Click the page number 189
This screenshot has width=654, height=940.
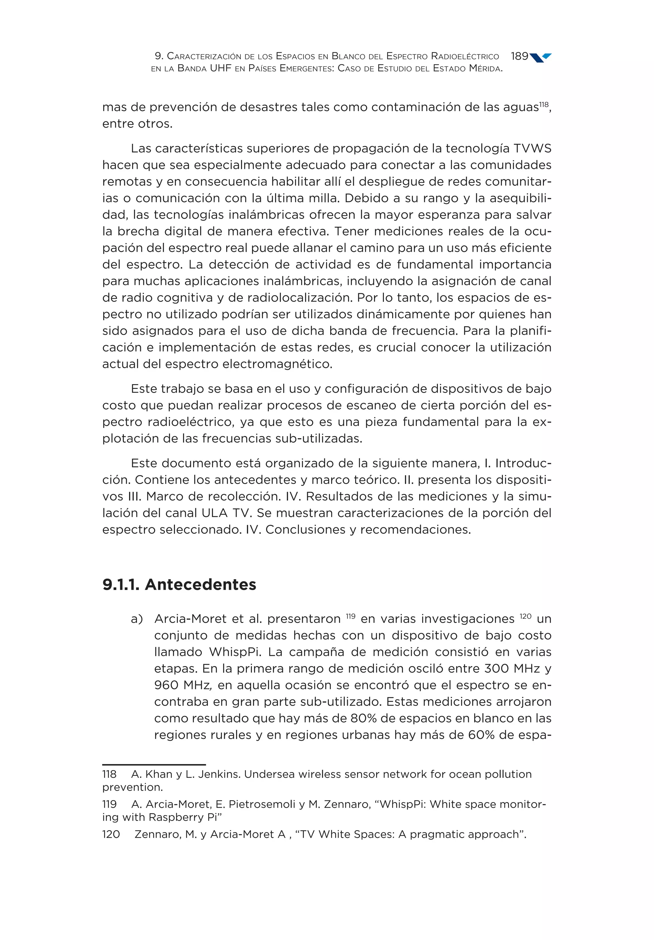coord(519,56)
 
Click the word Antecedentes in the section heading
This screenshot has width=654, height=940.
coord(200,585)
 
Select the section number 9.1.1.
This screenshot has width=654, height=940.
coord(121,585)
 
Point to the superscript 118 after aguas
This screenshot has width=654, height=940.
coord(544,104)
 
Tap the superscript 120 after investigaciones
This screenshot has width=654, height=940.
coord(525,616)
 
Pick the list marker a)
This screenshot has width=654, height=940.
coord(137,619)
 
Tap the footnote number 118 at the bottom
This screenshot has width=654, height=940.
coord(109,774)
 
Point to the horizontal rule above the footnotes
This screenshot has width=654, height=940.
coord(154,764)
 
